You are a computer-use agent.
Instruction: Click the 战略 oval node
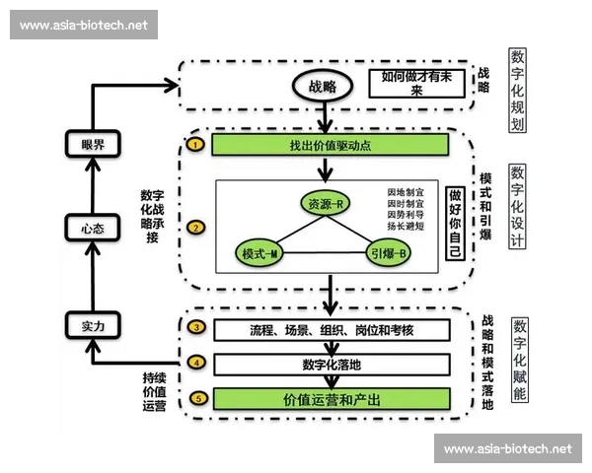(x=322, y=87)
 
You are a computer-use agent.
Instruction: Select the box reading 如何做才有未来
(x=415, y=83)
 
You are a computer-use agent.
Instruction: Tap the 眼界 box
(x=94, y=145)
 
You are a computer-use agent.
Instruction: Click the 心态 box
(x=94, y=229)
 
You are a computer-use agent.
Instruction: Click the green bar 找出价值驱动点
(x=331, y=146)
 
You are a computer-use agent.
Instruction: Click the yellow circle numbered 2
(x=196, y=229)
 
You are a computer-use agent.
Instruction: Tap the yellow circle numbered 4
(x=196, y=364)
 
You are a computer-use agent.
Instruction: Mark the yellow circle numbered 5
(x=196, y=399)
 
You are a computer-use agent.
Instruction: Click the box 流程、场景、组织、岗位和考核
(x=331, y=328)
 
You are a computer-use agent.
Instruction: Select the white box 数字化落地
(x=331, y=364)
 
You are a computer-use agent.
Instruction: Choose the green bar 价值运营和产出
(x=331, y=399)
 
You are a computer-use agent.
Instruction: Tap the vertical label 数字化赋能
(x=518, y=359)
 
